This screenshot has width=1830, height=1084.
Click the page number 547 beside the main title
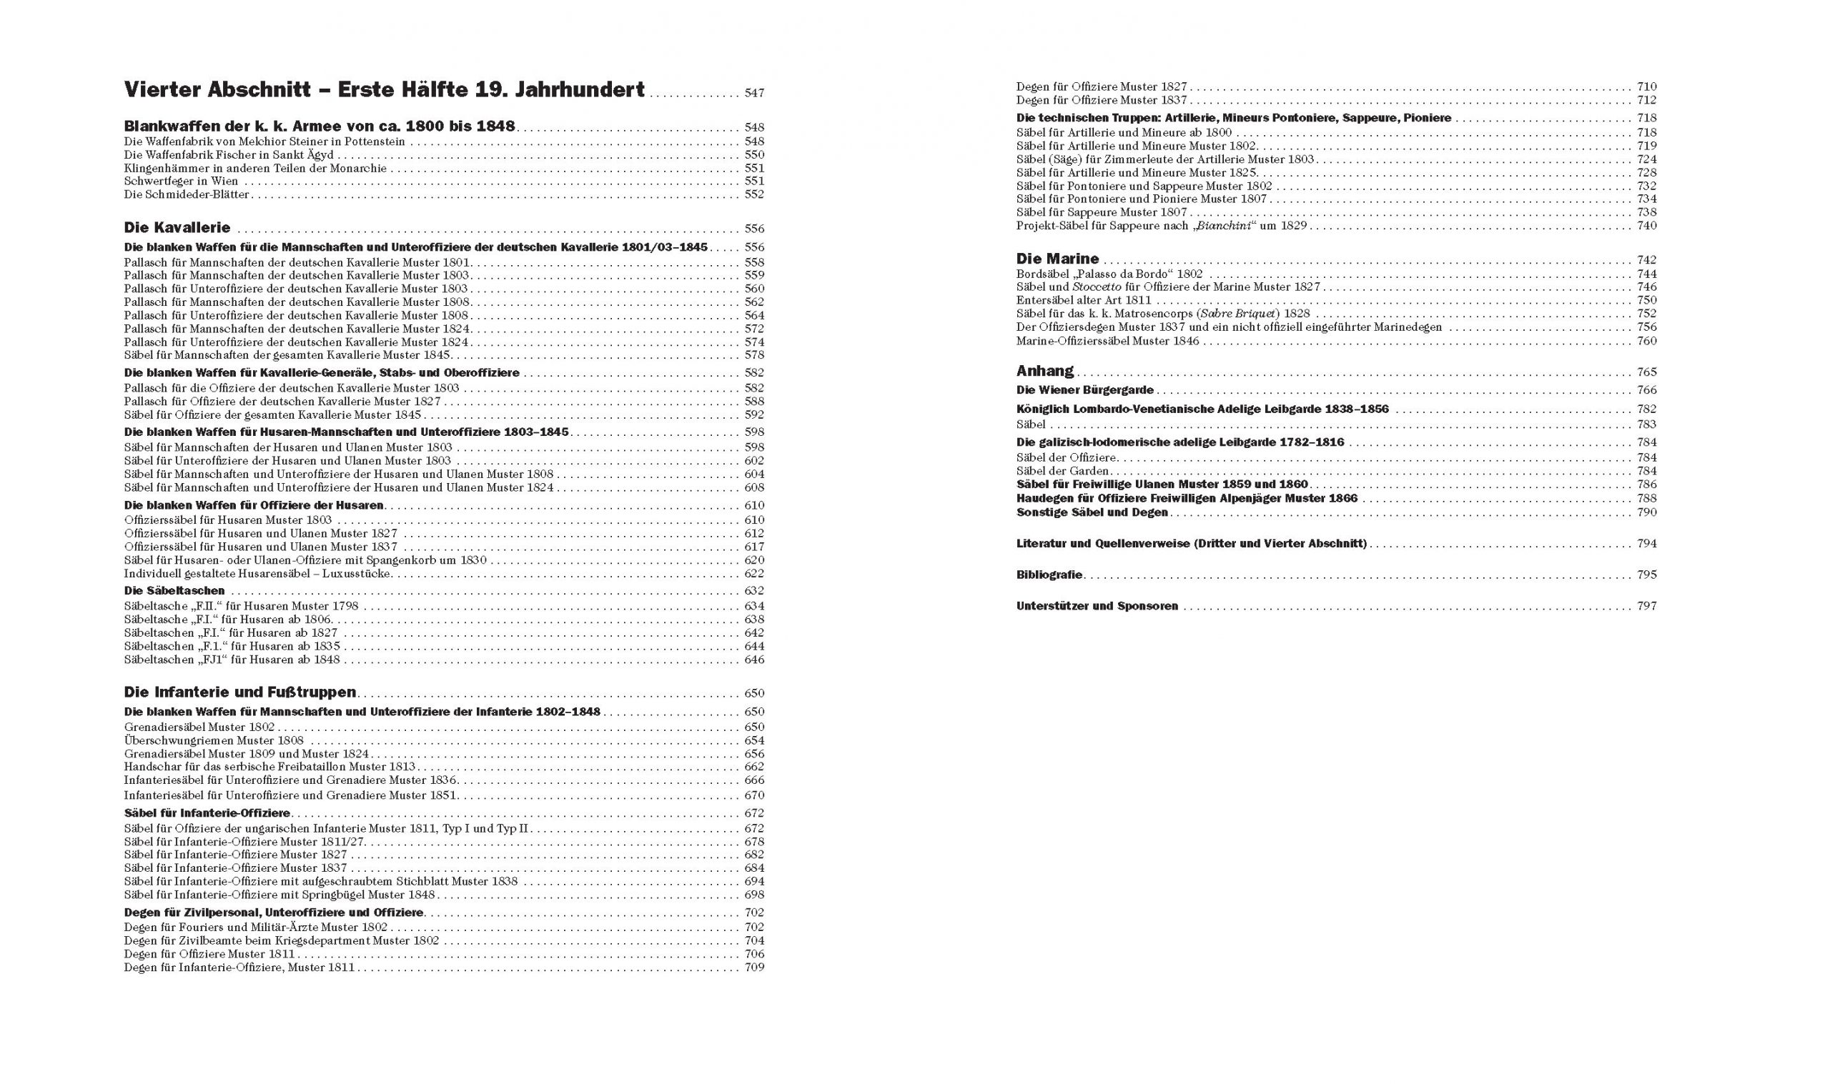[754, 94]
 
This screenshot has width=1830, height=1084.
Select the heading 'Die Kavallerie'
[177, 228]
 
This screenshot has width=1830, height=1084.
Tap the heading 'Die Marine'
[1057, 259]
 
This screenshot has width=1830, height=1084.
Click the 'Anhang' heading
[1044, 371]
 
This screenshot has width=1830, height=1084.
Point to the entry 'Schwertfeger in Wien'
[181, 182]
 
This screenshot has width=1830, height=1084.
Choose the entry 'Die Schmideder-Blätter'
[187, 194]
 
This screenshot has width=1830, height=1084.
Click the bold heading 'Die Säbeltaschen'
[174, 591]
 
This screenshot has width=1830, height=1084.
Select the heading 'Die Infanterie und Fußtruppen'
[240, 692]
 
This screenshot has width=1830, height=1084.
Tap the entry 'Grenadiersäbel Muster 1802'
[199, 727]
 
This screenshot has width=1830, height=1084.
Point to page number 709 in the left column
[754, 968]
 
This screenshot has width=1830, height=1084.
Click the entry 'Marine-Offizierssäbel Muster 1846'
[1107, 341]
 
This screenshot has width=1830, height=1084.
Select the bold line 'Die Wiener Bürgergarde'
[1085, 390]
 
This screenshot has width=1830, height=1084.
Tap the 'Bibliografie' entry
[1049, 575]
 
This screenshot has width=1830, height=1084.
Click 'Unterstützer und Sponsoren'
[1097, 606]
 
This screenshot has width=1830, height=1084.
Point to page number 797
[1646, 606]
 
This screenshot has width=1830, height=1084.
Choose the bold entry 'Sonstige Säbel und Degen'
[1092, 513]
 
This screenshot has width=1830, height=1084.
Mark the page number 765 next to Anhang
[1646, 372]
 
